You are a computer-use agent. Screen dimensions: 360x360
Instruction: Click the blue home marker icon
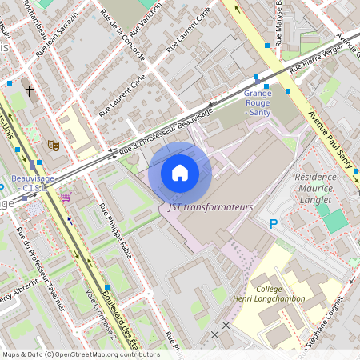(x=180, y=173)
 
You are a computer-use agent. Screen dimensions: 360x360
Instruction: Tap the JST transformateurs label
(x=210, y=206)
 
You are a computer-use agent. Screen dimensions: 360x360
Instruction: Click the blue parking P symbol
(x=274, y=225)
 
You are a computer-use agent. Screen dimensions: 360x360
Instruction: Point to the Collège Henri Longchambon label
(x=282, y=292)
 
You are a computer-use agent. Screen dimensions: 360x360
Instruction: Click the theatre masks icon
(x=54, y=145)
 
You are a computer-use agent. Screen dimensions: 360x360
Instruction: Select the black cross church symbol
(x=30, y=91)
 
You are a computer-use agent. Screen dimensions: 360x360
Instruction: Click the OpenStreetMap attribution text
(x=80, y=354)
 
